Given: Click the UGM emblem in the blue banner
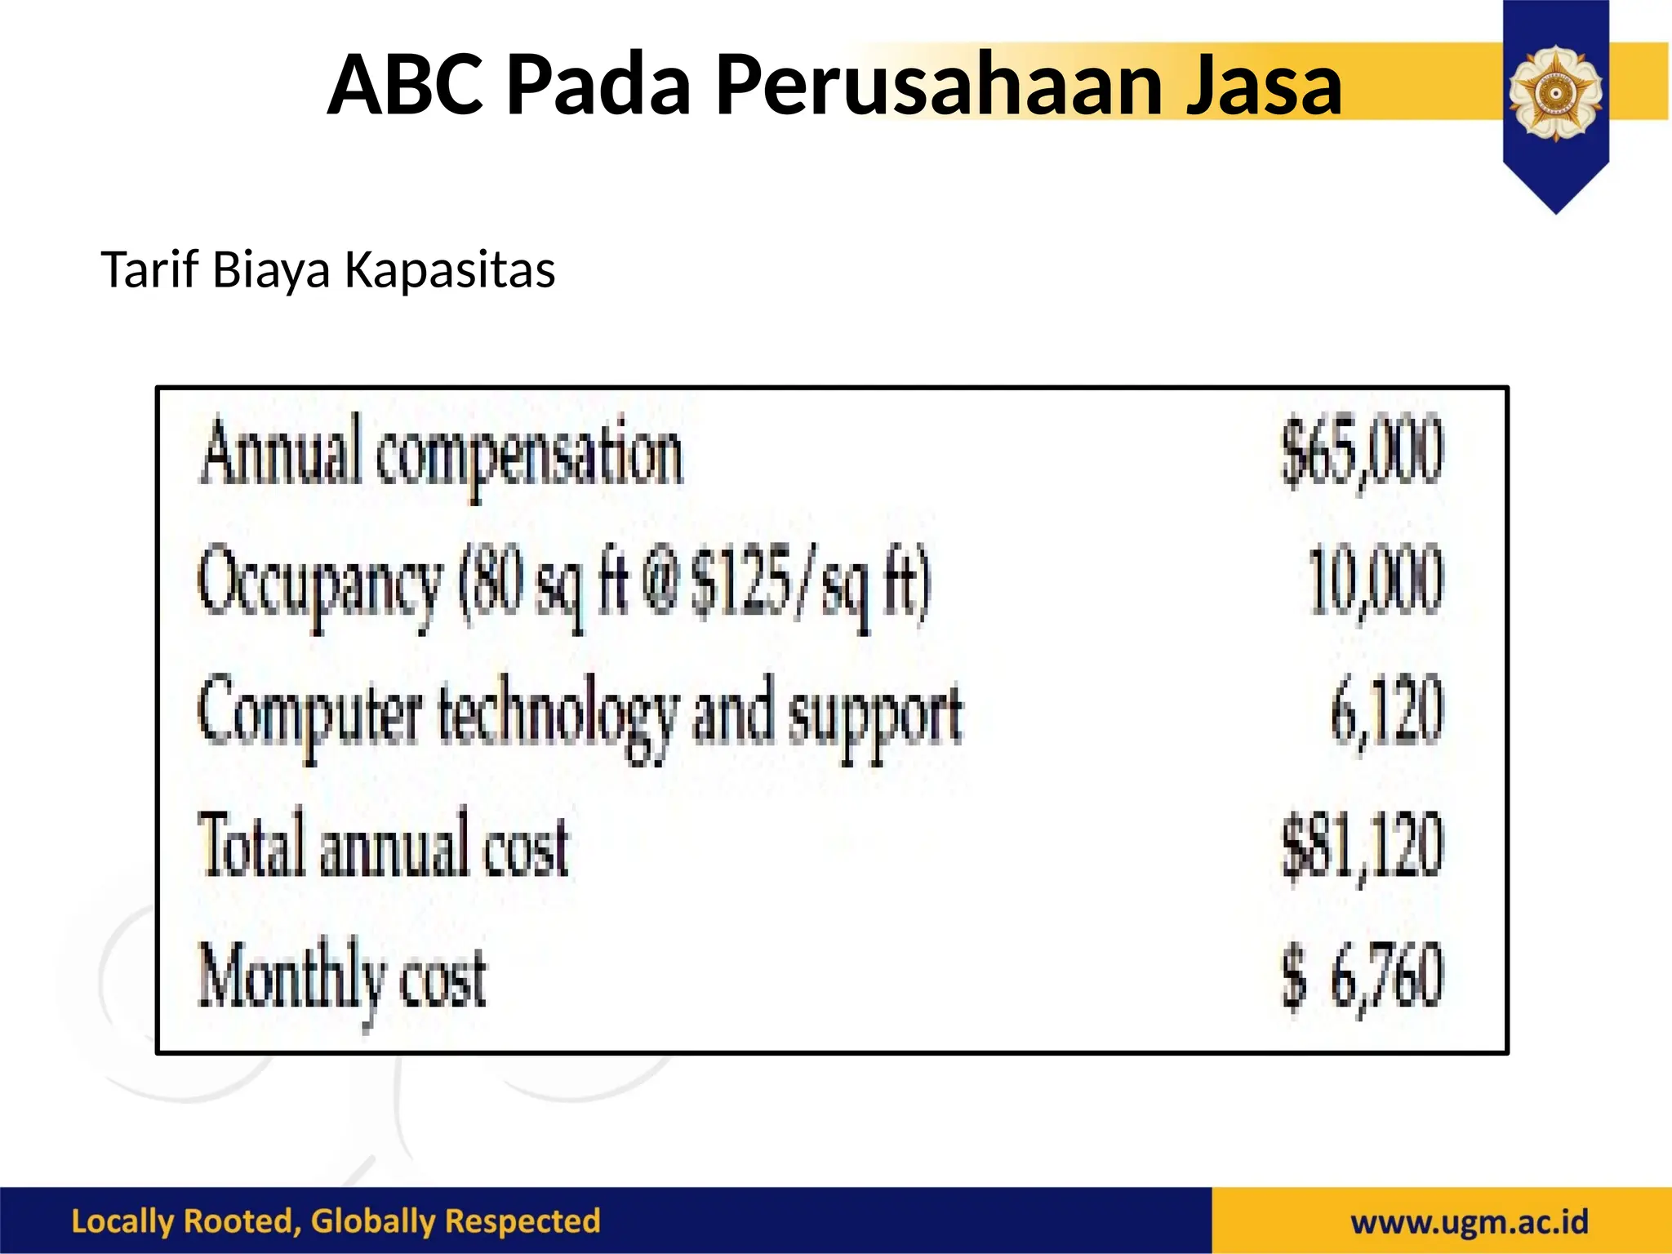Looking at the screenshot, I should pyautogui.click(x=1555, y=92).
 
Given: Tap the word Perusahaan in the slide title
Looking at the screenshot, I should pyautogui.click(x=939, y=84).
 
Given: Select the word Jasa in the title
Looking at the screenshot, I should pyautogui.click(x=1263, y=84).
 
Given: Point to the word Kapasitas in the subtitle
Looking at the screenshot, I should pyautogui.click(x=450, y=269).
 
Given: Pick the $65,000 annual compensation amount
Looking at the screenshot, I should pyautogui.click(x=1361, y=451).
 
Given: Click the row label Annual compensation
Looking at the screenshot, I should pyautogui.click(x=441, y=453).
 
